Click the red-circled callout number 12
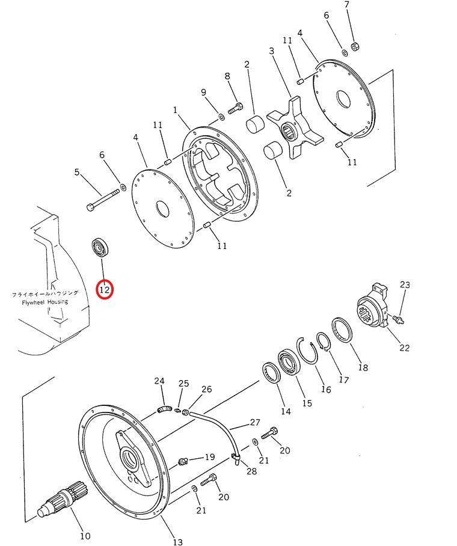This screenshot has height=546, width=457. tap(105, 289)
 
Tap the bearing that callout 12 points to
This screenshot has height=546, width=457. tap(101, 248)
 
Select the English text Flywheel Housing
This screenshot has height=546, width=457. tap(45, 302)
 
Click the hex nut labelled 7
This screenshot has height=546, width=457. tap(355, 46)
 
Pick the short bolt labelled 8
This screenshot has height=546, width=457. tap(236, 108)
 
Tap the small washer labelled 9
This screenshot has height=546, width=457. tap(221, 116)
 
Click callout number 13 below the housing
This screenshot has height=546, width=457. tap(177, 541)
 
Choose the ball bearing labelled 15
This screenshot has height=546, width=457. tap(288, 363)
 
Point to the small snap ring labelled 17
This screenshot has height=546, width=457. tap(323, 342)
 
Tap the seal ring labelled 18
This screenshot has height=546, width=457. tap(342, 330)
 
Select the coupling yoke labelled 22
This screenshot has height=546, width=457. tap(372, 305)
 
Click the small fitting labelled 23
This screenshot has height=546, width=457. tap(398, 319)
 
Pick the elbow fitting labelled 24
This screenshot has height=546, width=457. tap(164, 409)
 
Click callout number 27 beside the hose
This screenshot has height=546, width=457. tap(255, 422)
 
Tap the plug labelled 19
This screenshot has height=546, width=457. tap(183, 462)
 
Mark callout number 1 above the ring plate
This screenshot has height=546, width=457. tap(175, 110)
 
